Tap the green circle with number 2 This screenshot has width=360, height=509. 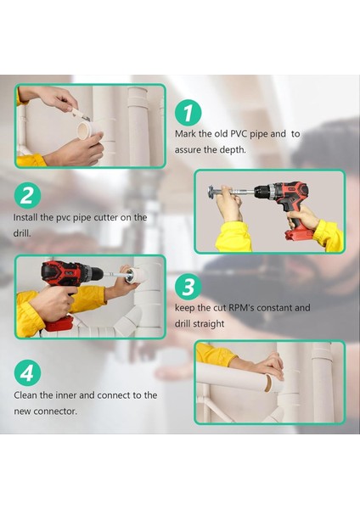(x=28, y=196)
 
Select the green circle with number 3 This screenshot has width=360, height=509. (x=189, y=286)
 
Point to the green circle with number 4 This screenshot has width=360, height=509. (x=28, y=372)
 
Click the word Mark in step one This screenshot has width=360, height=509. (x=186, y=134)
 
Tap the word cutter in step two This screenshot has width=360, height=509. (x=105, y=217)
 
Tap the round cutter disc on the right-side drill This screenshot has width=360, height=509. (x=210, y=188)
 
